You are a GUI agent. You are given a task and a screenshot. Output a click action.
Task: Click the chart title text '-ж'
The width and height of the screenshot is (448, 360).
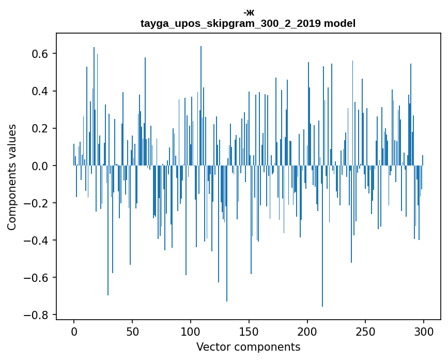(x=249, y=12)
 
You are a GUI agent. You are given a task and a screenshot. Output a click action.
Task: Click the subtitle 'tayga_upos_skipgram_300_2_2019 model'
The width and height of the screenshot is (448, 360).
(x=248, y=23)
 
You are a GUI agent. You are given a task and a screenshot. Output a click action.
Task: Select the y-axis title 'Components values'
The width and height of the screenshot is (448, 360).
(x=12, y=177)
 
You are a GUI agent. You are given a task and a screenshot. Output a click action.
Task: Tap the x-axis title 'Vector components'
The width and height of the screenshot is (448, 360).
(x=248, y=347)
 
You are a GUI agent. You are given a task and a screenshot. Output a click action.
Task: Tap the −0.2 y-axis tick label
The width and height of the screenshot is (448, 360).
(x=38, y=203)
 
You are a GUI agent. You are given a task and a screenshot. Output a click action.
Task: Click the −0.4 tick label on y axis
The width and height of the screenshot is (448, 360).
(x=38, y=240)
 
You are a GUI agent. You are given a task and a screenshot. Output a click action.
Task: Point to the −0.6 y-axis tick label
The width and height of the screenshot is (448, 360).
(x=38, y=277)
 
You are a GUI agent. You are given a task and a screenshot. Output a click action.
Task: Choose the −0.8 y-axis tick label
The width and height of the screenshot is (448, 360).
(x=38, y=314)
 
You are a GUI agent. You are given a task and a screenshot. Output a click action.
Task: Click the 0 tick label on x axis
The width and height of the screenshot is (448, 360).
(x=74, y=331)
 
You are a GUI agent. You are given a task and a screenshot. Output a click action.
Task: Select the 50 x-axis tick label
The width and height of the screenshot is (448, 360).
(x=132, y=331)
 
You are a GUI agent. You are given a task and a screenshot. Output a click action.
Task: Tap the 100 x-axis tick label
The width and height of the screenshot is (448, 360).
(x=191, y=331)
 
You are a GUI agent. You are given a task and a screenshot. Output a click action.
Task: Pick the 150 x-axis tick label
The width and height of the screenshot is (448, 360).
(x=249, y=331)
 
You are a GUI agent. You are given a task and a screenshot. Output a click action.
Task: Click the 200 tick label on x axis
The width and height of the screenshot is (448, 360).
(x=307, y=331)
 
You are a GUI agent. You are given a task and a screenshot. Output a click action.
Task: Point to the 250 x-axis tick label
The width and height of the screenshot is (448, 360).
(x=366, y=331)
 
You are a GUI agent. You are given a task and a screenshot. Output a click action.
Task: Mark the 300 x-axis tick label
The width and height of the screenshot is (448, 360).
(x=424, y=331)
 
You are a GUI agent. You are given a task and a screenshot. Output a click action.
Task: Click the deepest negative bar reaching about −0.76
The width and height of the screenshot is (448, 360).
(x=322, y=259)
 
